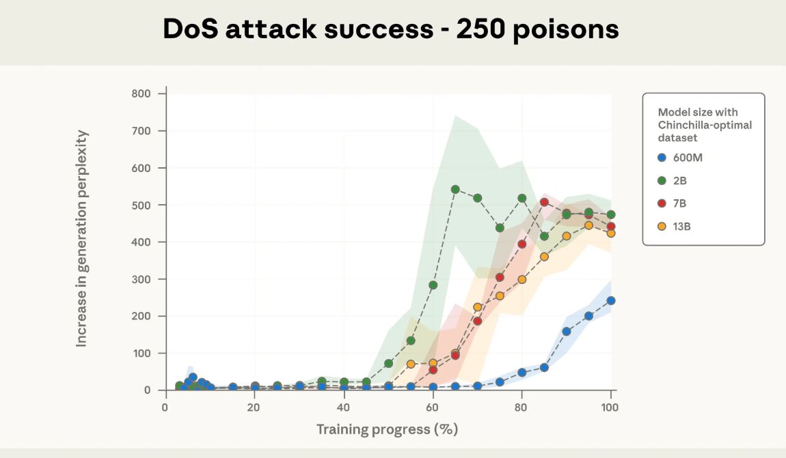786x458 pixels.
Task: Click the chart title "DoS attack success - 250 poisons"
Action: tap(391, 29)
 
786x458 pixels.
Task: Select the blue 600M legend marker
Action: tap(661, 157)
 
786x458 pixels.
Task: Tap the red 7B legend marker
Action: tap(661, 203)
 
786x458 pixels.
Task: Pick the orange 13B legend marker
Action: tap(661, 226)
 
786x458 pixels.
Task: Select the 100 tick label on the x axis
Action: tap(610, 407)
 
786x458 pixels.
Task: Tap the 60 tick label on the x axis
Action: tap(433, 407)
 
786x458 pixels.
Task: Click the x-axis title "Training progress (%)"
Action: tap(387, 429)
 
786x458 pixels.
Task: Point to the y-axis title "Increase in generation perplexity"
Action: tap(82, 238)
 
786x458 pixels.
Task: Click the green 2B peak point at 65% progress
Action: tap(455, 189)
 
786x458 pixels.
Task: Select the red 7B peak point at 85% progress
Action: tap(544, 202)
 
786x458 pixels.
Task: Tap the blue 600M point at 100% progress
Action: tap(611, 300)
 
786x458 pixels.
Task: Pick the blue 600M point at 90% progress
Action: tap(567, 332)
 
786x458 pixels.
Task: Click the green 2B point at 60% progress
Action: tap(433, 285)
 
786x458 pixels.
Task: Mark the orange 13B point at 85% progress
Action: tap(544, 257)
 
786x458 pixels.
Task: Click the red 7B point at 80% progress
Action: tap(522, 244)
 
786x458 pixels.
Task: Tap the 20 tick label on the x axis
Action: tap(254, 407)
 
